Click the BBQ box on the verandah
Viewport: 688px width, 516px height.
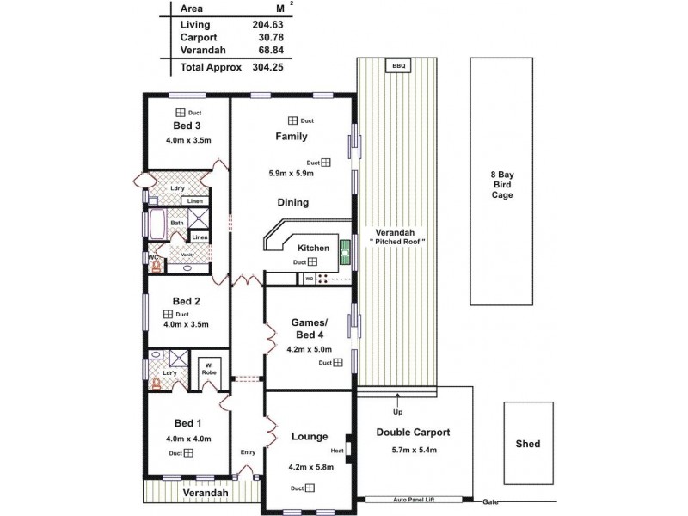tap(397, 66)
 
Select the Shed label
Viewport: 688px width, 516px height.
tap(527, 444)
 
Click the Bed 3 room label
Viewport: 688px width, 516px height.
tap(187, 126)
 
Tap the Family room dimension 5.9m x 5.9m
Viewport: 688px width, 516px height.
tap(291, 173)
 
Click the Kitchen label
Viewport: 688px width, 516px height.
tap(289, 248)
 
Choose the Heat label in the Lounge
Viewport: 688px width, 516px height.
tap(336, 451)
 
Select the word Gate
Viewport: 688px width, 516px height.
tap(490, 501)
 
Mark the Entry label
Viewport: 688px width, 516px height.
tap(248, 452)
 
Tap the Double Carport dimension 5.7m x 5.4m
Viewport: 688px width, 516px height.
tap(413, 450)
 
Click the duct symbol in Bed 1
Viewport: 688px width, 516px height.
tap(187, 453)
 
